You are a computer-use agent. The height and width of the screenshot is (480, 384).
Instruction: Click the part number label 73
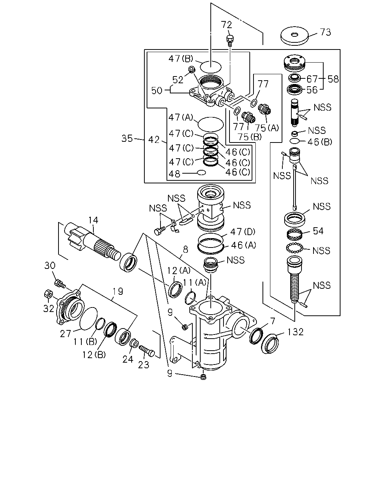325,32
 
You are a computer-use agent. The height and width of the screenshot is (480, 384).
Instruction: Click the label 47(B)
181,58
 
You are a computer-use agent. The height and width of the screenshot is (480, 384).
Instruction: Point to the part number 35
127,138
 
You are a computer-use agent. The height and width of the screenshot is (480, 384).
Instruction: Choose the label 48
174,174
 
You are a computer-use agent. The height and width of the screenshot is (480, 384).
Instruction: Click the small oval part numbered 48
201,172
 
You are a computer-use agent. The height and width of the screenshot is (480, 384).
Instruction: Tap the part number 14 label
93,220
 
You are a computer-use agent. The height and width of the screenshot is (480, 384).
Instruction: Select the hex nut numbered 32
48,294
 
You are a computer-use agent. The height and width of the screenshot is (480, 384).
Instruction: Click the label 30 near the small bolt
50,265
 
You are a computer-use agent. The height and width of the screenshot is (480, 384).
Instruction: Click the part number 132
295,332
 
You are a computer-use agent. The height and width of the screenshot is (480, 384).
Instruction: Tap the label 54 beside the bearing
318,231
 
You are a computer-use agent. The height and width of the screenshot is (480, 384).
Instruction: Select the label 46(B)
320,142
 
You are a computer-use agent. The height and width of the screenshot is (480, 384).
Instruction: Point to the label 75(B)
249,137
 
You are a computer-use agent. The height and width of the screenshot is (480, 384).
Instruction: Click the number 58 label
333,79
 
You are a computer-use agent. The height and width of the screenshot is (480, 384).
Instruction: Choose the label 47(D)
243,232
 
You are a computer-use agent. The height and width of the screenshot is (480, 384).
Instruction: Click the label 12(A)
178,270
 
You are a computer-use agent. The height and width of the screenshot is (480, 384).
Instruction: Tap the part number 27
65,334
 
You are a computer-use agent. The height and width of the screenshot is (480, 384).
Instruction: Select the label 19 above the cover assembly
118,291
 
